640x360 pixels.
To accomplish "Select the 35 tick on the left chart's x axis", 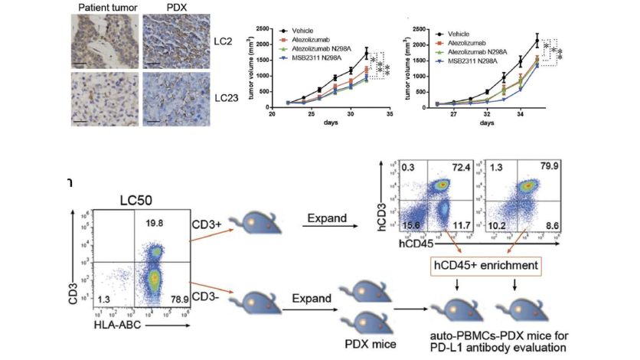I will coord(389,113).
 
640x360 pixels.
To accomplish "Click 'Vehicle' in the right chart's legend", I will coord(470,34).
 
